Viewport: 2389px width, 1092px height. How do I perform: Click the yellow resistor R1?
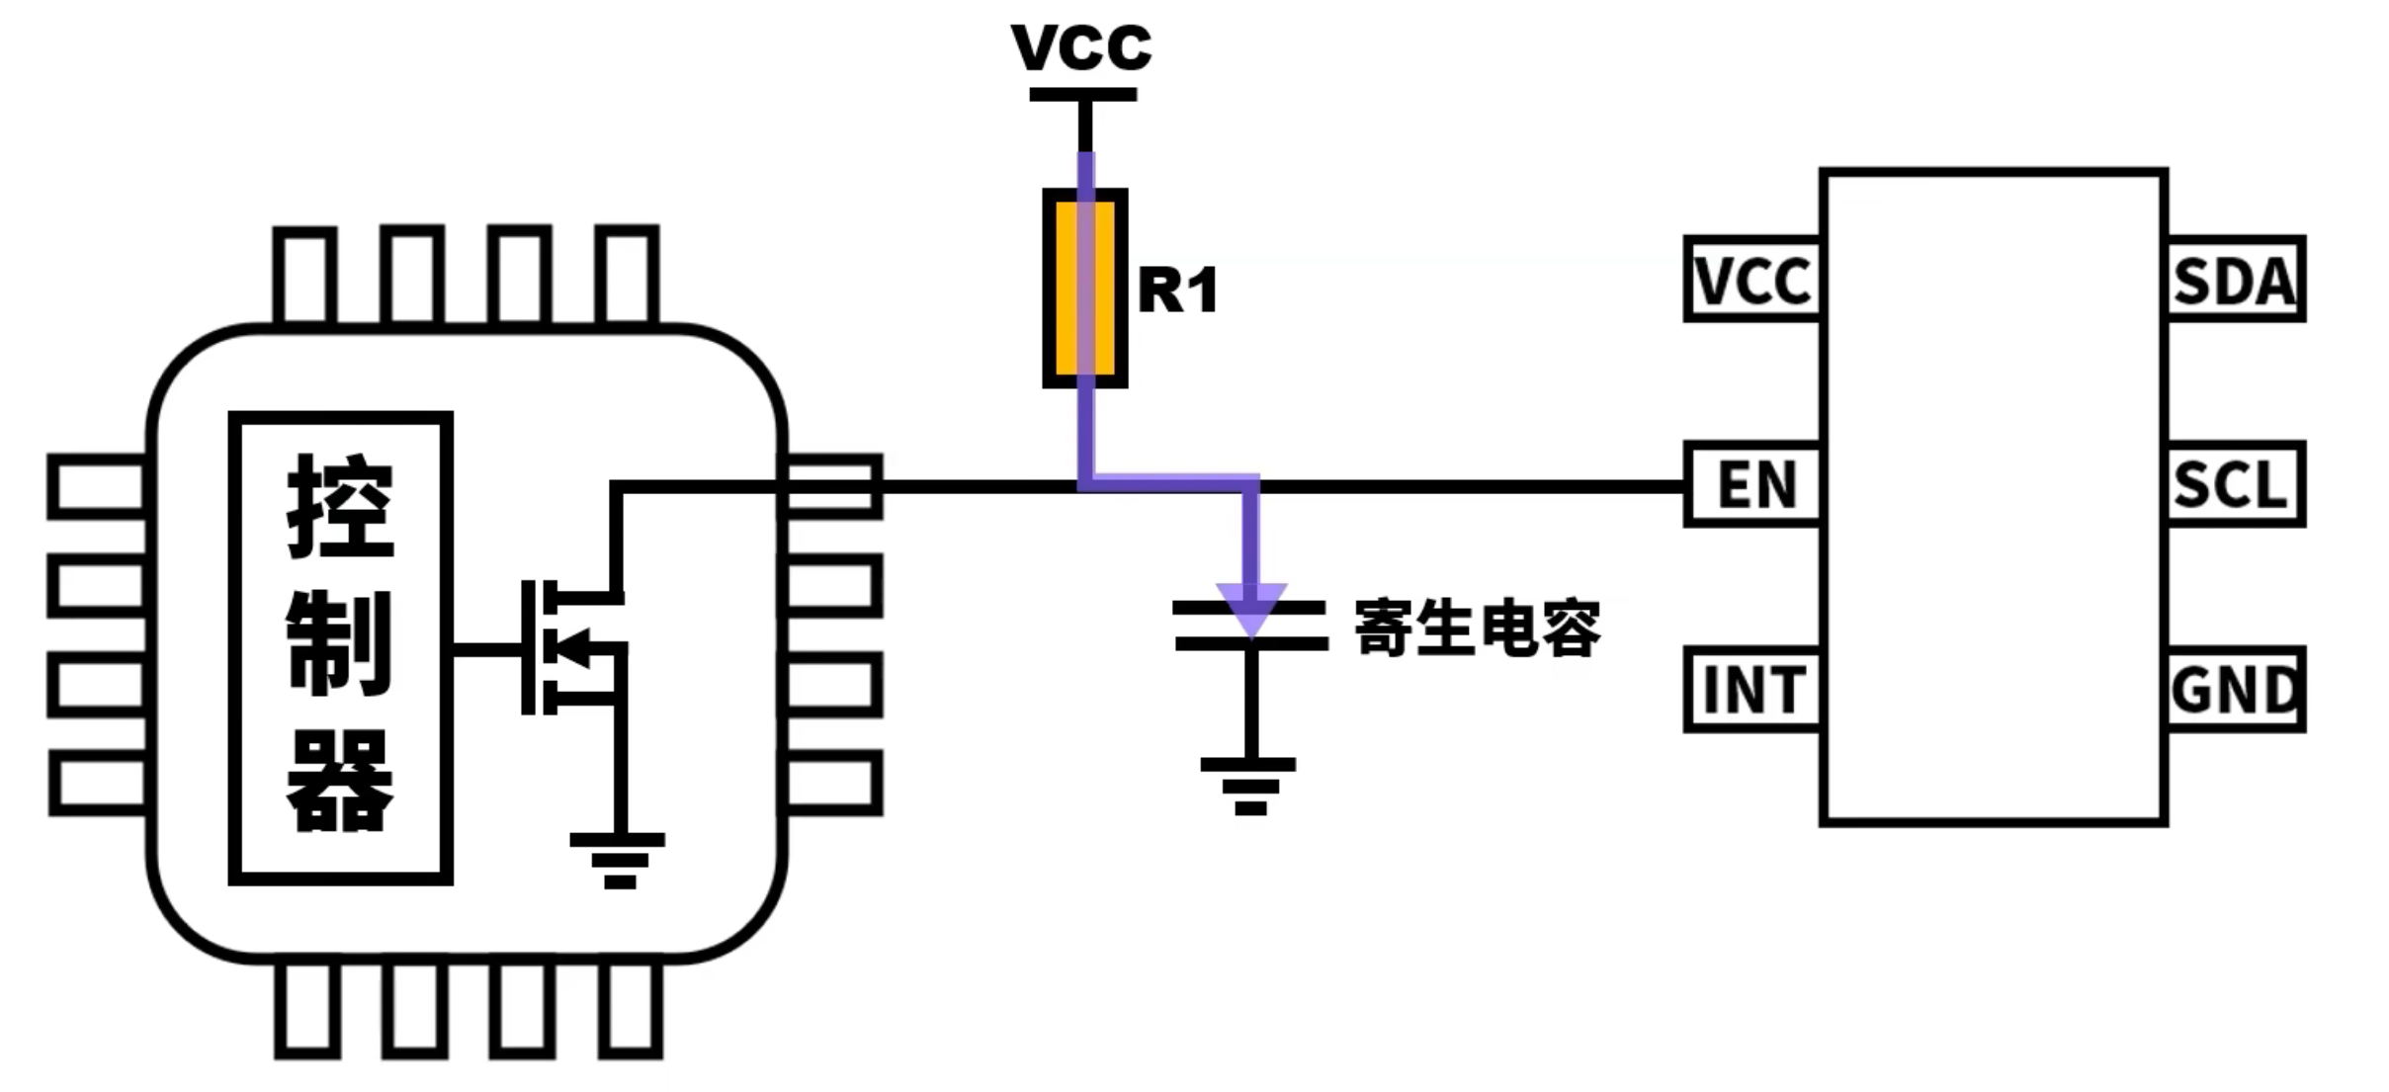point(1085,288)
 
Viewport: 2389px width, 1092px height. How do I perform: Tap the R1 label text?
point(1177,291)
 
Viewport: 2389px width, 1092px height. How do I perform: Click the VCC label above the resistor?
point(1081,45)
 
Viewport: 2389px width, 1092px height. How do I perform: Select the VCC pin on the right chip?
point(1752,280)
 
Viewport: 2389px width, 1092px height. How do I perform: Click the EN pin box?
point(1752,484)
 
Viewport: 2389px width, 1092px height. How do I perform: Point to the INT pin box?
point(1752,689)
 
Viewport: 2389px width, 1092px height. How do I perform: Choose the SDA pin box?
point(2235,280)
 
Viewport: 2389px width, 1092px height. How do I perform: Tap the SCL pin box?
point(2235,484)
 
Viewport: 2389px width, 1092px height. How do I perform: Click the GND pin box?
point(2235,689)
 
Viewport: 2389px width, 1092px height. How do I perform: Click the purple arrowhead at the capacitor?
point(1251,608)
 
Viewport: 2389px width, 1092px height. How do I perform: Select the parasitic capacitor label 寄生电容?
point(1477,628)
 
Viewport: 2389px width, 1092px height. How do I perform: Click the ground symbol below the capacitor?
point(1249,786)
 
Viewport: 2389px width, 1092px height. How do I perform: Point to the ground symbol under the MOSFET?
point(618,861)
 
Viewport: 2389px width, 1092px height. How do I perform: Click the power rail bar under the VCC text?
point(1083,95)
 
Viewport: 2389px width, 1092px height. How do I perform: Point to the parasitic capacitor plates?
point(1250,627)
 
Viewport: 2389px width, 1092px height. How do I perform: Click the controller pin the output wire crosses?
point(832,486)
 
